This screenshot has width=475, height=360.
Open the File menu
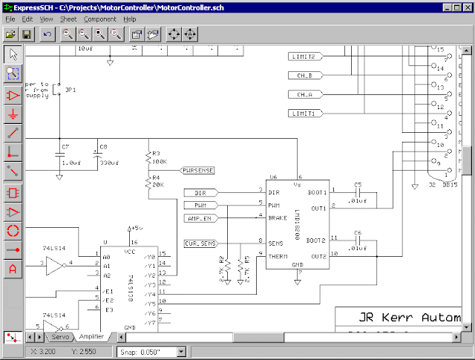coord(10,18)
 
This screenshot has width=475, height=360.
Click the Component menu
coord(99,18)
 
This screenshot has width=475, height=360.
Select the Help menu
coord(130,18)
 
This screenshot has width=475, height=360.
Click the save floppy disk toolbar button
coord(27,34)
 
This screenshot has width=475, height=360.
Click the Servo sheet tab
coord(60,337)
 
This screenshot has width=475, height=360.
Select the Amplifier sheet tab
coord(91,337)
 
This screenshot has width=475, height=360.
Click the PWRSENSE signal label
coord(197,170)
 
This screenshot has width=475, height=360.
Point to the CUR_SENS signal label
coord(200,243)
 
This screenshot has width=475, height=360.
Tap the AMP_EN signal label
coord(200,217)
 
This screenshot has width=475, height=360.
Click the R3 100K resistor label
coord(159,158)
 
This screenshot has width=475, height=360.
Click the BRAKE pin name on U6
coord(277,217)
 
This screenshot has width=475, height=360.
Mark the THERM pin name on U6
coord(278,256)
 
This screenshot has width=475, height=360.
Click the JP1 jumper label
coord(71,89)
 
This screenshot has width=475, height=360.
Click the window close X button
coord(467,6)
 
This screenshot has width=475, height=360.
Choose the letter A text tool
coord(13,269)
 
